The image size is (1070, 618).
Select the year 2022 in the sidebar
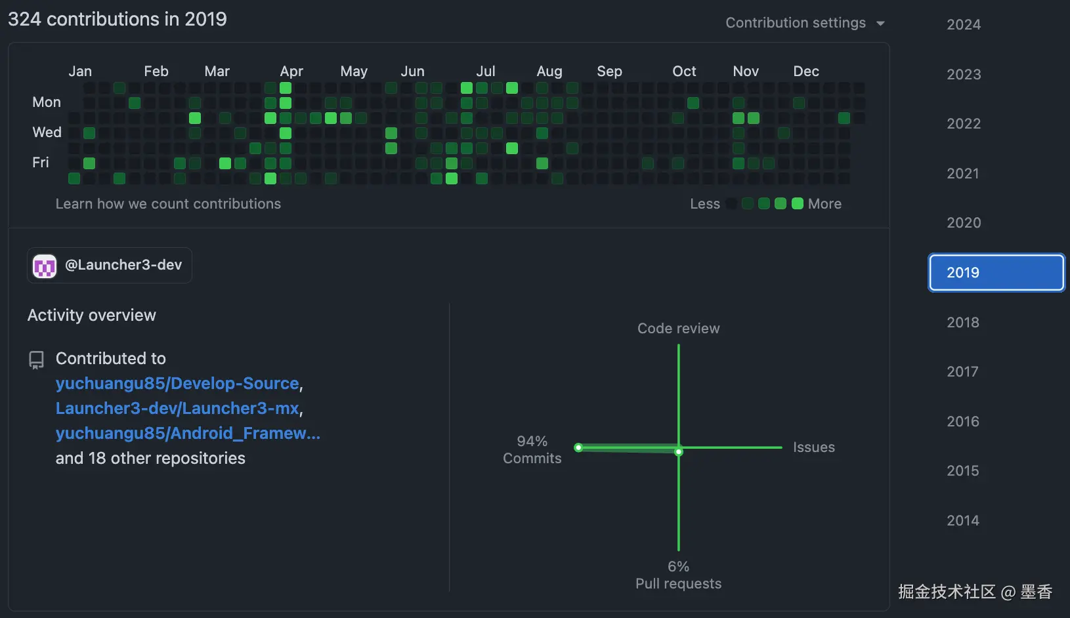pyautogui.click(x=963, y=123)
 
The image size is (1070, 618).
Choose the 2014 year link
pyautogui.click(x=962, y=520)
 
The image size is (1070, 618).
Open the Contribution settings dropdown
pyautogui.click(x=805, y=23)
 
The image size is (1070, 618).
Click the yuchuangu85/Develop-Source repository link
pyautogui.click(x=177, y=383)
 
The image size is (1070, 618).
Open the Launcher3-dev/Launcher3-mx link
pyautogui.click(x=177, y=408)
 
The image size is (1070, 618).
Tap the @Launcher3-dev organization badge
pyautogui.click(x=110, y=265)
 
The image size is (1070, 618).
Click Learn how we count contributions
pyautogui.click(x=168, y=204)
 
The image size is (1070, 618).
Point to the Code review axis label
pyautogui.click(x=678, y=328)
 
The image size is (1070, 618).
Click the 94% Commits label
pyautogui.click(x=532, y=449)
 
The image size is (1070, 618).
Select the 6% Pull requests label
pyautogui.click(x=678, y=575)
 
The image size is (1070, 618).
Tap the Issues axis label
pyautogui.click(x=813, y=447)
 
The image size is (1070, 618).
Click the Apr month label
pyautogui.click(x=291, y=71)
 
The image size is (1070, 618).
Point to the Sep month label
pyautogui.click(x=609, y=71)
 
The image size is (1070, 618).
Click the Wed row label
pyautogui.click(x=47, y=132)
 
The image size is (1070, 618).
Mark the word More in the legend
pyautogui.click(x=824, y=204)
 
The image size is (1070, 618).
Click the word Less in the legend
pyautogui.click(x=704, y=204)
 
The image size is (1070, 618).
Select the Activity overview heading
pyautogui.click(x=92, y=315)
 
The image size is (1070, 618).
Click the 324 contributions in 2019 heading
pyautogui.click(x=118, y=19)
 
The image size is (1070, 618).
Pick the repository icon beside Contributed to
pyautogui.click(x=36, y=360)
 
